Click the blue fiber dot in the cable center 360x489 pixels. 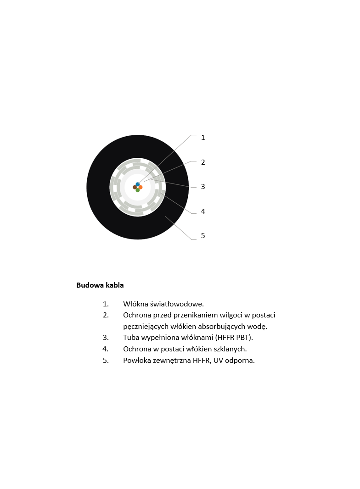[x=138, y=184]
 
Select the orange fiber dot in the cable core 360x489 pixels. [x=141, y=187]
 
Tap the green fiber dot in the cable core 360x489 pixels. [x=138, y=190]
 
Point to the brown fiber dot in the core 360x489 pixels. [x=135, y=187]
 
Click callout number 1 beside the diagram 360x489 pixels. [x=203, y=138]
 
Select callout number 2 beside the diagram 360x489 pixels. [x=203, y=162]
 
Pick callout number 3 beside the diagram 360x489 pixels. [x=203, y=187]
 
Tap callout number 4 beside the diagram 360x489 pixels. [x=203, y=211]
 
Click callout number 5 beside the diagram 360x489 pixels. [x=203, y=236]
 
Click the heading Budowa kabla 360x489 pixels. [x=100, y=285]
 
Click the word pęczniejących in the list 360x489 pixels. [x=144, y=327]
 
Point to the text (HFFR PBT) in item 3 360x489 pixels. [x=234, y=338]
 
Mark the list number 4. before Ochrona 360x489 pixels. [x=105, y=349]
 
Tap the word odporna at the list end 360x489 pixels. [x=240, y=360]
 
